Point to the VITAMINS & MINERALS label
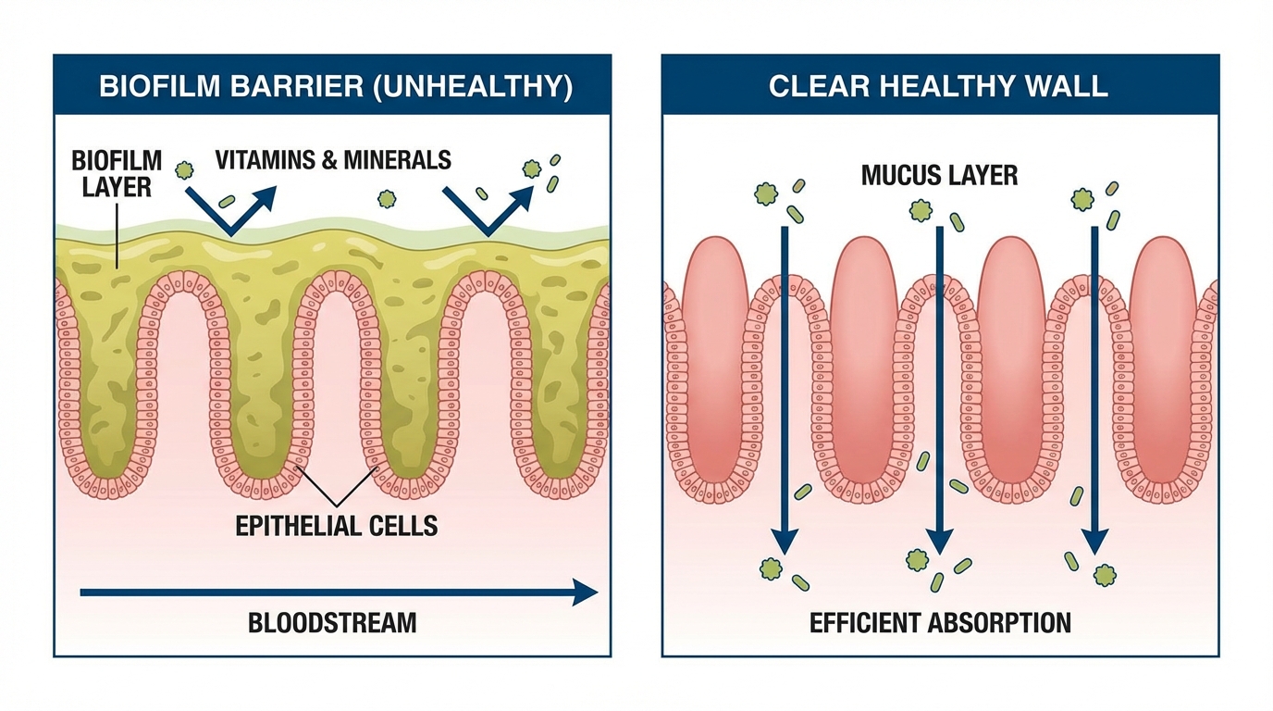[333, 159]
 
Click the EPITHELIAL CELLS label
[336, 526]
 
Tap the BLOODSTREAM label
[332, 622]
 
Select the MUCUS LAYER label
[939, 175]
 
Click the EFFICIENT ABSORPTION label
[940, 622]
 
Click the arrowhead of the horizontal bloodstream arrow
[585, 592]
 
